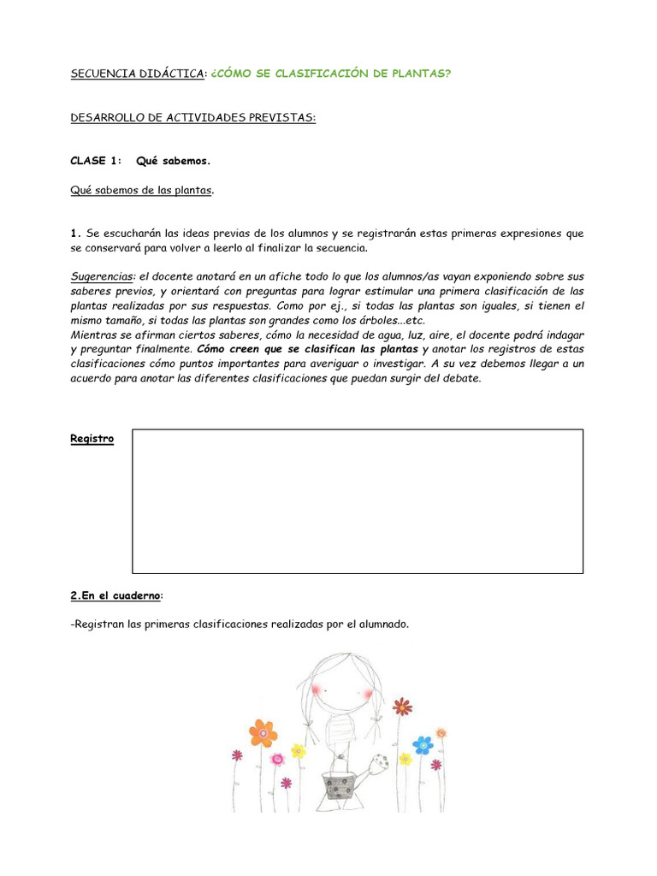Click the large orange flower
[263, 732]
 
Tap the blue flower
[423, 744]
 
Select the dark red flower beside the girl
[402, 707]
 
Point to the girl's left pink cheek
[317, 689]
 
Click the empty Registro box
[357, 500]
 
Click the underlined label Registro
[92, 439]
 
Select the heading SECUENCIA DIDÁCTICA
[138, 74]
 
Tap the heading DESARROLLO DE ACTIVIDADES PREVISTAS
[192, 117]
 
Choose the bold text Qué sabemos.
[173, 161]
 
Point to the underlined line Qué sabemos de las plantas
[141, 190]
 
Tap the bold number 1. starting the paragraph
[75, 234]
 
